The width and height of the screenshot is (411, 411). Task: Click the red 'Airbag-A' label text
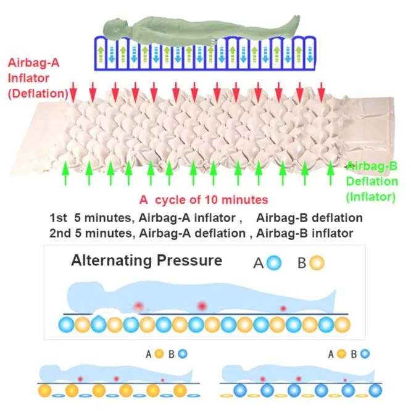pyautogui.click(x=34, y=63)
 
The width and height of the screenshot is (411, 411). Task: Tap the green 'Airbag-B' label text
pyautogui.click(x=372, y=166)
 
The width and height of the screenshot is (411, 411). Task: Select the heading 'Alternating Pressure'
pyautogui.click(x=146, y=260)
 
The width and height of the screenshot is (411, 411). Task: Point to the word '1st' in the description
pyautogui.click(x=58, y=218)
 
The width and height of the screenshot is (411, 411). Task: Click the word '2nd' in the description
pyautogui.click(x=60, y=233)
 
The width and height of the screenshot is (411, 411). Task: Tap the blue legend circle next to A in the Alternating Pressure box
pyautogui.click(x=274, y=263)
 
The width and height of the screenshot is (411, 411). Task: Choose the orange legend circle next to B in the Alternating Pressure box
pyautogui.click(x=317, y=263)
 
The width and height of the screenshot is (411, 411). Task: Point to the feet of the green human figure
pyautogui.click(x=295, y=23)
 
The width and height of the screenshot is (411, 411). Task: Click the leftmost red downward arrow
pyautogui.click(x=73, y=92)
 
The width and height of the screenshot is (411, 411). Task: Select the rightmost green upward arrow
pyautogui.click(x=331, y=172)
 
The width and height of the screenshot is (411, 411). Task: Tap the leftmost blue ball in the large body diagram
pyautogui.click(x=67, y=325)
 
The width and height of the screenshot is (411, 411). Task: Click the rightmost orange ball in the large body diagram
pyautogui.click(x=342, y=325)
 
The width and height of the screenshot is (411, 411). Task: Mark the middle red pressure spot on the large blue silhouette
pyautogui.click(x=202, y=306)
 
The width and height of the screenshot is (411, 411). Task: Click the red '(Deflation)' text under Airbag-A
pyautogui.click(x=38, y=94)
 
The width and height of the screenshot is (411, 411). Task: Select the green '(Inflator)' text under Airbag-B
pyautogui.click(x=371, y=197)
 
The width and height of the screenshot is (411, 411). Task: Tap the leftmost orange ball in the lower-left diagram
pyautogui.click(x=45, y=391)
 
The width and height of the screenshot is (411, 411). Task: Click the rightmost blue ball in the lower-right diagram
pyautogui.click(x=375, y=391)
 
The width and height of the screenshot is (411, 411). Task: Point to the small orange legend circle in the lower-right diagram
pyautogui.click(x=341, y=354)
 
